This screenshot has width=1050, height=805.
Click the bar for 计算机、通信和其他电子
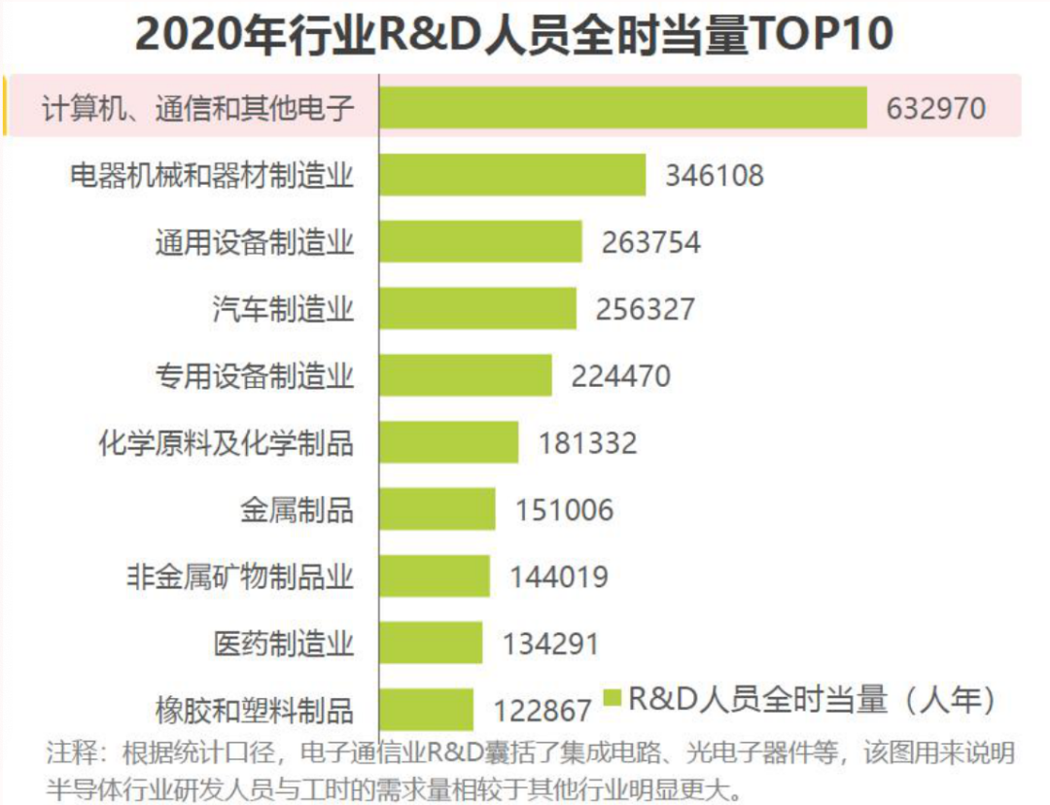click(623, 107)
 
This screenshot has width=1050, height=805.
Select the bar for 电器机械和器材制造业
click(512, 175)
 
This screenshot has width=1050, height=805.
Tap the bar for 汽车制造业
click(477, 308)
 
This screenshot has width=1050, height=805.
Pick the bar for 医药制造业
click(431, 643)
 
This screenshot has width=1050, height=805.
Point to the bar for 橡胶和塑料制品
click(426, 709)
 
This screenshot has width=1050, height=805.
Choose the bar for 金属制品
click(437, 509)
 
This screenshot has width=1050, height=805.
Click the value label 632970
click(935, 109)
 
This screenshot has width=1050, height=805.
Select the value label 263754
click(650, 242)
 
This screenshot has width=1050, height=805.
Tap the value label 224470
click(620, 375)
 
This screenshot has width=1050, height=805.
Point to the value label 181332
click(588, 443)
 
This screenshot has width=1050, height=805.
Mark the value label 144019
click(559, 577)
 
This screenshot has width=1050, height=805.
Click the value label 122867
click(542, 711)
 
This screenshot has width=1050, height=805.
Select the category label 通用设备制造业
click(255, 242)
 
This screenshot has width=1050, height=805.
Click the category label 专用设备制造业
click(255, 375)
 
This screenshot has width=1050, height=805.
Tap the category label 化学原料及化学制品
click(227, 442)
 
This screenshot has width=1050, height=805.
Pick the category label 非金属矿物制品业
click(240, 577)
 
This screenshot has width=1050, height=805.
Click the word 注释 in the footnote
click(72, 752)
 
